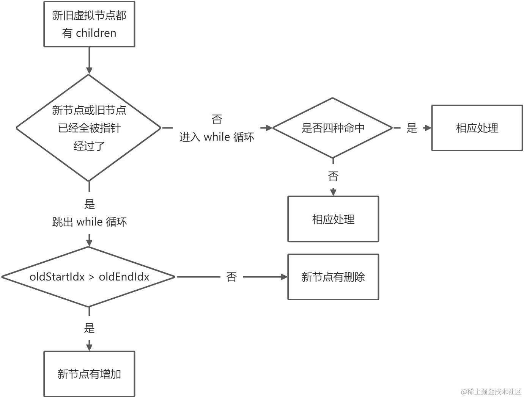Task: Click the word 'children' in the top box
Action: click(96, 33)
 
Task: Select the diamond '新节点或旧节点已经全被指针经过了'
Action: click(89, 128)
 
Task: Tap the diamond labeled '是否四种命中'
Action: click(332, 128)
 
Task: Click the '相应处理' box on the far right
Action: click(477, 128)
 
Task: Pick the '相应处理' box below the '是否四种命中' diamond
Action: click(333, 219)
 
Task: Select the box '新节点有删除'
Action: click(333, 277)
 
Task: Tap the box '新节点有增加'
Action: click(89, 374)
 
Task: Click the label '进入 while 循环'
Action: click(217, 137)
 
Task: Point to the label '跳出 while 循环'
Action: click(89, 222)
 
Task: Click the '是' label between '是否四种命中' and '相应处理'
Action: click(412, 128)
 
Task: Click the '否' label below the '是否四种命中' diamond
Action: click(333, 176)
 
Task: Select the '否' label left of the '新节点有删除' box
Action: click(231, 277)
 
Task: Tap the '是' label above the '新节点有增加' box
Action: click(89, 328)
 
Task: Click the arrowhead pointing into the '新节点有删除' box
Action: click(284, 277)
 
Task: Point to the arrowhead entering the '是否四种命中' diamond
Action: click(269, 128)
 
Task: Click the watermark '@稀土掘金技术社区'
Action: click(491, 392)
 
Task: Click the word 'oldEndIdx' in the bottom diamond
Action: click(124, 277)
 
